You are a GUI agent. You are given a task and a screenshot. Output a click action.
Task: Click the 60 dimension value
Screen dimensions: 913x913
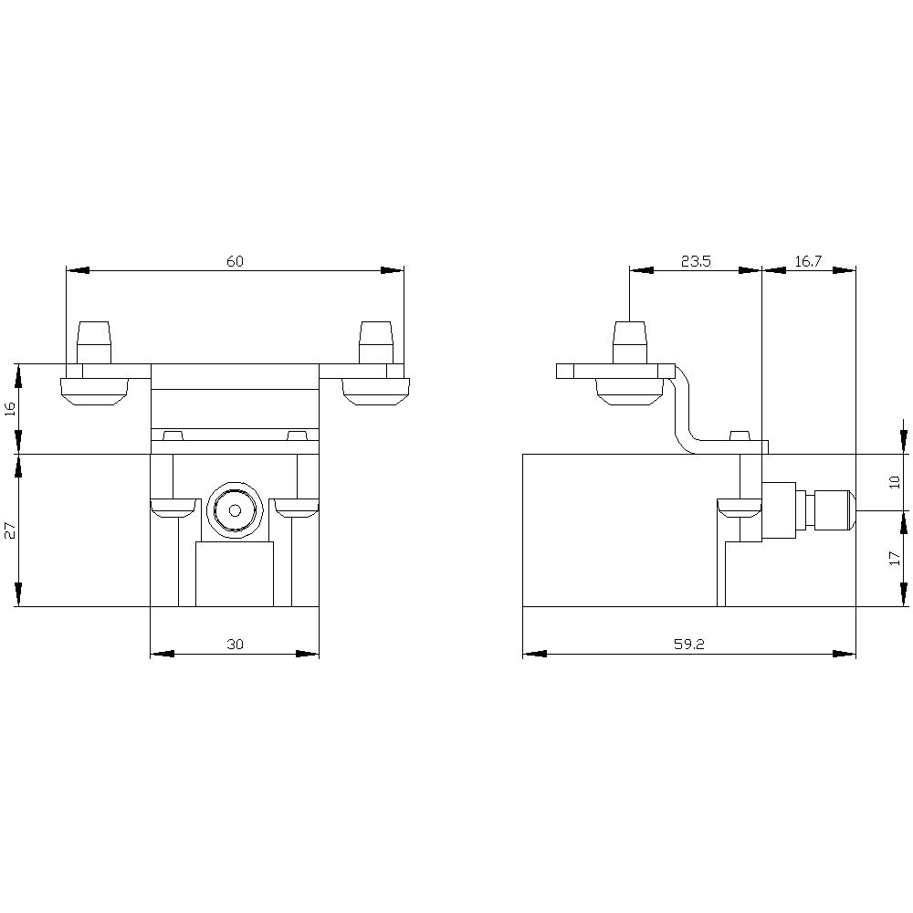click(x=235, y=261)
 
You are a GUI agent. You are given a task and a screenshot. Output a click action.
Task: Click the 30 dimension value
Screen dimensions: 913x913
click(x=235, y=645)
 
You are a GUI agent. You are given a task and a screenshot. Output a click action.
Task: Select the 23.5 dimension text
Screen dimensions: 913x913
click(x=696, y=261)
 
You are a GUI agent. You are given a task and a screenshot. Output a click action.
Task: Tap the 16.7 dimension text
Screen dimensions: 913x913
click(x=808, y=261)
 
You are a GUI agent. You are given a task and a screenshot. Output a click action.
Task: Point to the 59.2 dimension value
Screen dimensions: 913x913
click(x=689, y=645)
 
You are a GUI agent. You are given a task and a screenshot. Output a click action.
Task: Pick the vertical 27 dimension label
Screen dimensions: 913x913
click(x=9, y=530)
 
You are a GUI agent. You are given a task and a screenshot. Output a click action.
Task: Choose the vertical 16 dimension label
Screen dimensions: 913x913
click(x=9, y=409)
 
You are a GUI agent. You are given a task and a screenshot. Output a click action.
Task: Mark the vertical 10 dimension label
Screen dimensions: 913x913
click(x=895, y=482)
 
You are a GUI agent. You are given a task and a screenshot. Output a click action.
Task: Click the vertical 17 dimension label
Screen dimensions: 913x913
click(x=895, y=559)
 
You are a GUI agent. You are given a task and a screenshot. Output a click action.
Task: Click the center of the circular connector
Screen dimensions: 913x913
click(x=235, y=510)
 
